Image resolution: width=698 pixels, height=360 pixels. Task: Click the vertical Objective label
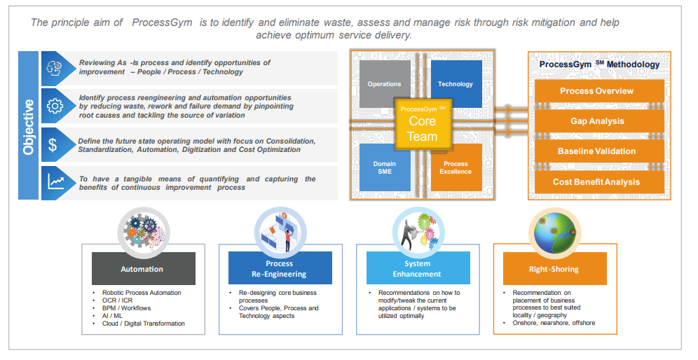click(29, 126)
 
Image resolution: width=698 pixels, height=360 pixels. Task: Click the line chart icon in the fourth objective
click(54, 183)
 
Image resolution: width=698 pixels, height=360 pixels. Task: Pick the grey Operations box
click(384, 84)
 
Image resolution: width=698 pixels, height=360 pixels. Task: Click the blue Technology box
click(456, 84)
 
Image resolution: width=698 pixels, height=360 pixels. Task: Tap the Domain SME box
click(384, 167)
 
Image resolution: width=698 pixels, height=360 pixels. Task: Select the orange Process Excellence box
click(456, 167)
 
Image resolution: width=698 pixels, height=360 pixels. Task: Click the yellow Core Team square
click(423, 124)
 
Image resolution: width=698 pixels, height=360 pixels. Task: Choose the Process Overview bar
click(596, 91)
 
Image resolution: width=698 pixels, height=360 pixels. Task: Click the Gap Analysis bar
click(596, 121)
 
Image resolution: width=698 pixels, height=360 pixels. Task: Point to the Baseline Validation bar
click(596, 151)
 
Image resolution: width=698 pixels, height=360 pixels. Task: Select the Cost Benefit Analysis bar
click(596, 182)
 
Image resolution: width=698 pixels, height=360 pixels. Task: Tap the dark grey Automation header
click(142, 268)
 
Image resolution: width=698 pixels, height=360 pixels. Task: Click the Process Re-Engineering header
click(280, 268)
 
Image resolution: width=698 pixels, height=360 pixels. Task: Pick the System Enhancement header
click(417, 268)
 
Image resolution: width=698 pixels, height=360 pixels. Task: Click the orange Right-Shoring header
click(554, 268)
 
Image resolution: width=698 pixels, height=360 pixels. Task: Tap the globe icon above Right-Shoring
click(554, 230)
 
